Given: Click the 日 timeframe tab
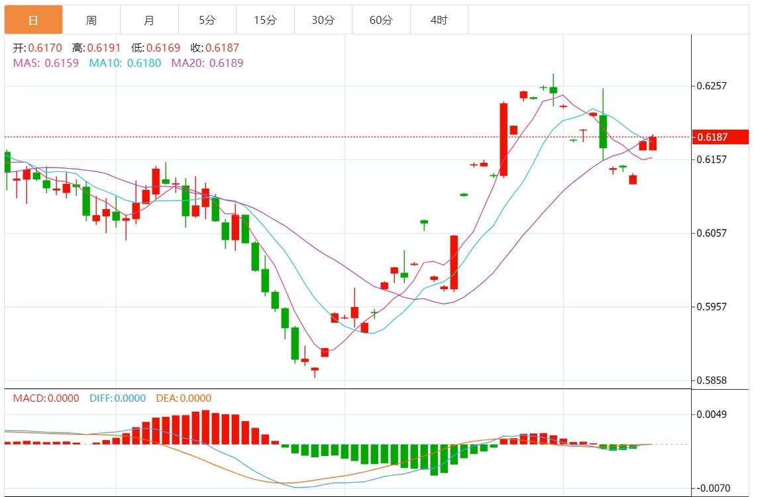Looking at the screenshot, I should [33, 21].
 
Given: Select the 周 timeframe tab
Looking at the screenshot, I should [91, 21].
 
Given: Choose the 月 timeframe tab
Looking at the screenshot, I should [149, 21].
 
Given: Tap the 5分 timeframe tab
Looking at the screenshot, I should [207, 21].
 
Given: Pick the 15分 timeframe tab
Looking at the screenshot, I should [265, 21].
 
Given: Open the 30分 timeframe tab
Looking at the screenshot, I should [323, 21].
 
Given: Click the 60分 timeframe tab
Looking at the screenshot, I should [381, 21].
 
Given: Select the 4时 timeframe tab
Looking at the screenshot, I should [439, 21].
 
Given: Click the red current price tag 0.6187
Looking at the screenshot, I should [721, 137].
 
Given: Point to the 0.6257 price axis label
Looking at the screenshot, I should [712, 86].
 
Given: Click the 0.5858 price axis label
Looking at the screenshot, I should [712, 381].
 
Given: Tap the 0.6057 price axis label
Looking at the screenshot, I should [712, 233].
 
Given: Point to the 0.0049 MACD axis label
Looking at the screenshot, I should [712, 414].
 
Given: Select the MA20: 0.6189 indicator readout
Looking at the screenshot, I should [207, 63].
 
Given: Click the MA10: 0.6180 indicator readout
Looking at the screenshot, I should [125, 63].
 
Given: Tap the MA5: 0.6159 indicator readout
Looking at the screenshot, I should [46, 63].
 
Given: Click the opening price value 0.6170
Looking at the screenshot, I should [47, 48].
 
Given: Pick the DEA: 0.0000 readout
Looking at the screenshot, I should [184, 398].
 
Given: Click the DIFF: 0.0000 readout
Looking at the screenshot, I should [117, 398].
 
